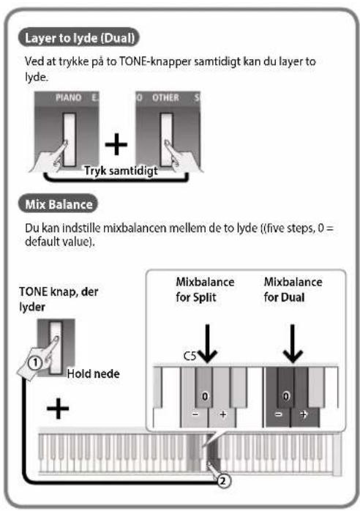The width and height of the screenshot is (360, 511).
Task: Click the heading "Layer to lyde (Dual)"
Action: pos(80,38)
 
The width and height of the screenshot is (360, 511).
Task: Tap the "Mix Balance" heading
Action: pos(59,204)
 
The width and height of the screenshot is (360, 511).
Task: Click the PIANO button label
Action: pos(69,97)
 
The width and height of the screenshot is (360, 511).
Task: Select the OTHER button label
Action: pos(165,97)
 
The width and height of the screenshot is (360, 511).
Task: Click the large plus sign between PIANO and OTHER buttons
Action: pos(116,143)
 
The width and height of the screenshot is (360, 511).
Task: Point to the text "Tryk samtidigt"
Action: pos(121,171)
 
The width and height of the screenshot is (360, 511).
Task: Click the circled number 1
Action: pos(35,362)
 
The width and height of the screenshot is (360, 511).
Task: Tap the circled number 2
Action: pos(223,481)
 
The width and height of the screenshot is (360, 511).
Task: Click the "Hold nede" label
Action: pos(93,373)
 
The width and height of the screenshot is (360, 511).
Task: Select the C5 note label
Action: pos(190,356)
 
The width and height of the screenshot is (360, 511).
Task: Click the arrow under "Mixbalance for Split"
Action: pos(208,343)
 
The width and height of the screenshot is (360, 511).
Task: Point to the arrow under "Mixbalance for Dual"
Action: pos(293,343)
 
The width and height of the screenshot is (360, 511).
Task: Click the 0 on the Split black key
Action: pos(205,396)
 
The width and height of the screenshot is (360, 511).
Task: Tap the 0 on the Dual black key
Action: pos(285,396)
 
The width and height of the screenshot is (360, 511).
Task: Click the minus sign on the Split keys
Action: pos(195,414)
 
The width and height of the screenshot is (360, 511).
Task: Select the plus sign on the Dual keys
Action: pos(304,414)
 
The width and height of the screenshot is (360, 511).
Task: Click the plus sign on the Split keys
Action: pos(223,414)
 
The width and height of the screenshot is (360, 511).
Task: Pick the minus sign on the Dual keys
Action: pos(278,414)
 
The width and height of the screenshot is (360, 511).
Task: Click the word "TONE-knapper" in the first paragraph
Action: pos(155,61)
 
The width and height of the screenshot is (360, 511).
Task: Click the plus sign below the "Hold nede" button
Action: pos(58,409)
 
